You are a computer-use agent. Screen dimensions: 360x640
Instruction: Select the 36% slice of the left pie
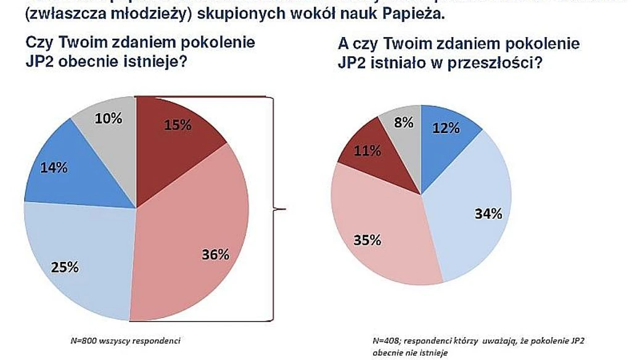click(x=197, y=234)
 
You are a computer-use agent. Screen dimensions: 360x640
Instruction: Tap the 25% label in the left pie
click(x=65, y=267)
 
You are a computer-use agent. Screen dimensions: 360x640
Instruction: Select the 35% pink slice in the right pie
click(x=376, y=234)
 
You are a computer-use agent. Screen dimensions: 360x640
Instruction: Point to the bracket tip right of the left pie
click(x=285, y=210)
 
